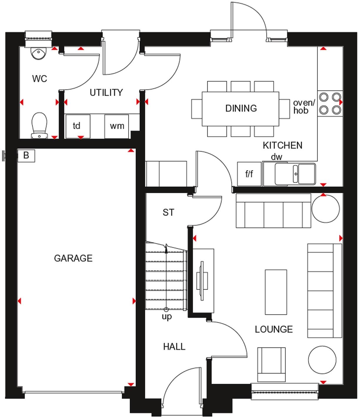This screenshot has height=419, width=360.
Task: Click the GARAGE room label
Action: point(73,258)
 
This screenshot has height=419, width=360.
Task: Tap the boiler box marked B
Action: point(26,155)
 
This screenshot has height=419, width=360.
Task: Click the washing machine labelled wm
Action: point(117,126)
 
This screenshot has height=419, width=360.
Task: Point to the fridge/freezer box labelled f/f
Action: point(249,174)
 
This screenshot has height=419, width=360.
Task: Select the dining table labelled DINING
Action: point(241,108)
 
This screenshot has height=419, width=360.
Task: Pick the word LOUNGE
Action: point(274,329)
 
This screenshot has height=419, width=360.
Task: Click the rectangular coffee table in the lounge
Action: point(276,292)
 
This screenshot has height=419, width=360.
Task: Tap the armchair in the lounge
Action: point(271,365)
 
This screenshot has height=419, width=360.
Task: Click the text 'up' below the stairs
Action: point(166,317)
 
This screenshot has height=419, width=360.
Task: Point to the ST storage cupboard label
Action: point(168,212)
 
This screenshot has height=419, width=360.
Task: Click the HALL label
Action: point(174,347)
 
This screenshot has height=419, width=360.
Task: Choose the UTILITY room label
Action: point(106,93)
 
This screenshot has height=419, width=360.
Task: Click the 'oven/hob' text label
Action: point(304,107)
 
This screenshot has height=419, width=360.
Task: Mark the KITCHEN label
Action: point(282,145)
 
